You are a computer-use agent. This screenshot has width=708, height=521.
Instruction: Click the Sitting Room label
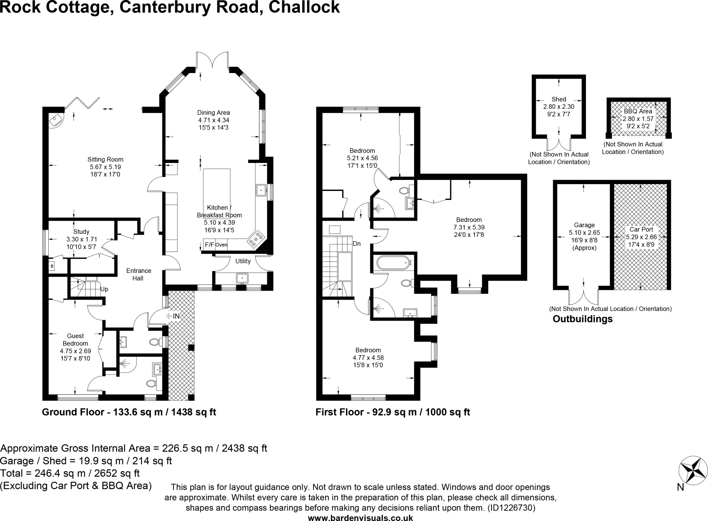tap(105, 159)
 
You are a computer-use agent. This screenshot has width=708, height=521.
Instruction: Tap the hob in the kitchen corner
tap(255, 239)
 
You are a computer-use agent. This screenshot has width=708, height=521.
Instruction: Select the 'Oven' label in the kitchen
tap(221, 245)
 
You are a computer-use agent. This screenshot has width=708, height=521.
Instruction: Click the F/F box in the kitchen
tap(209, 245)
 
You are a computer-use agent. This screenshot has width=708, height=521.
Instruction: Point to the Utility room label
tap(243, 261)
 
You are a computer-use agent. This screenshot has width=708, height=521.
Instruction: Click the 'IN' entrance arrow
tap(173, 316)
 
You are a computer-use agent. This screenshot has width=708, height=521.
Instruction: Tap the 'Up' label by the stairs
tap(104, 289)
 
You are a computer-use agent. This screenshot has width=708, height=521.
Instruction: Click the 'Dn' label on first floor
tap(357, 244)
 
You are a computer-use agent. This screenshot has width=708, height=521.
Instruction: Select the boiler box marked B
tap(52, 266)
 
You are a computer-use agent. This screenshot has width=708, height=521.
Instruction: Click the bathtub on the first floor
tap(394, 263)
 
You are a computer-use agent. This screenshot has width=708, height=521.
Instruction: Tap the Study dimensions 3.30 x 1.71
tap(82, 239)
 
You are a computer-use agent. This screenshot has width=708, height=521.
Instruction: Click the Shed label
tap(559, 99)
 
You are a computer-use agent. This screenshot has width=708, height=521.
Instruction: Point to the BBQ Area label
tap(638, 111)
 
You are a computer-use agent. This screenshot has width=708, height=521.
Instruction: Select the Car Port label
tap(641, 229)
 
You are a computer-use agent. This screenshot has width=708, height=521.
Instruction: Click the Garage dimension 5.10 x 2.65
tap(584, 233)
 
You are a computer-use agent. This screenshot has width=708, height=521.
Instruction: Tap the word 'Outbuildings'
tap(583, 319)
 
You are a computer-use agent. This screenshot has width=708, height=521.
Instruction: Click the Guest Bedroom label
tap(75, 340)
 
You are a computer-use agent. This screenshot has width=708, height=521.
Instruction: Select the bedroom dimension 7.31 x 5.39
tap(469, 227)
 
